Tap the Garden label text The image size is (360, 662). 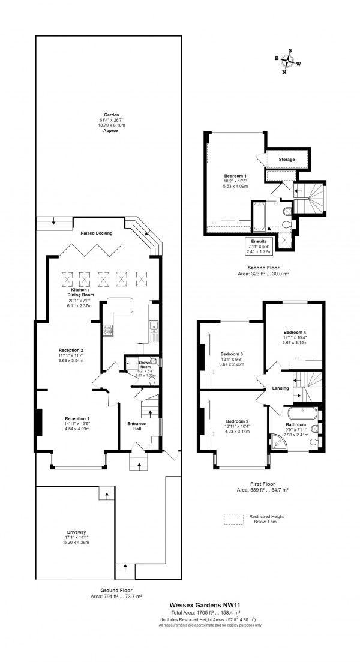coord(111,114)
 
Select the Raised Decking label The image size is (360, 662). coord(96,233)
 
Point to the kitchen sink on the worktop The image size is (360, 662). coord(154,328)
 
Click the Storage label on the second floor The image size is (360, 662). coord(287,160)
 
